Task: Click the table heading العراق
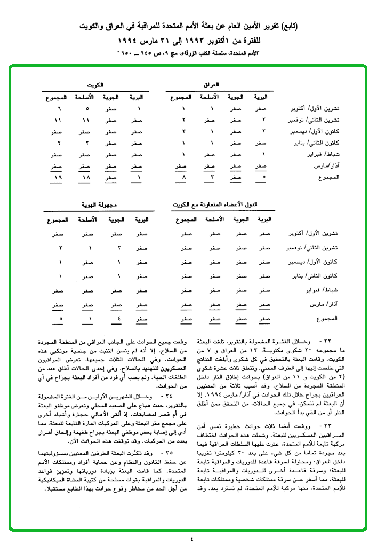coord(211,85)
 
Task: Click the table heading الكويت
coord(96,85)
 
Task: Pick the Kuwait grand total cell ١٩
coord(59,177)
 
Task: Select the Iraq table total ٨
coord(183,177)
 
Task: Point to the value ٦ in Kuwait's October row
coord(59,109)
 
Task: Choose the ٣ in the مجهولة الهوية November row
coord(60,248)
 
